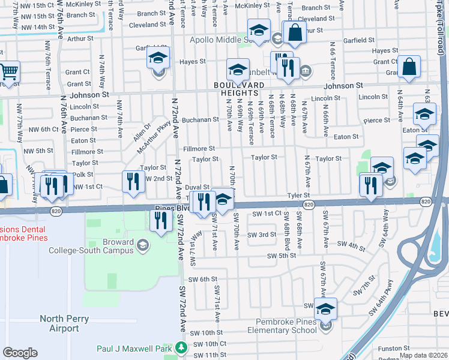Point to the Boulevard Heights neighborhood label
pos(240,89)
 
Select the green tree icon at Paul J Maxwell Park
pos(181,347)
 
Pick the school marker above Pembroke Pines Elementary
pos(325,309)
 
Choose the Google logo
pos(20,353)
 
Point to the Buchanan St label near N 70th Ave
pos(200,119)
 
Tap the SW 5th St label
pos(281,256)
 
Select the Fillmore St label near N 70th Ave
pos(199,148)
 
